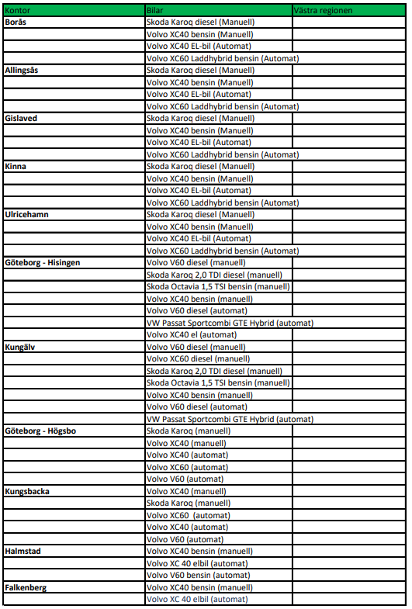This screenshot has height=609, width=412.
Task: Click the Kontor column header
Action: pyautogui.click(x=19, y=10)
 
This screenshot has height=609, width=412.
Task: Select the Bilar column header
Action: pyautogui.click(x=155, y=10)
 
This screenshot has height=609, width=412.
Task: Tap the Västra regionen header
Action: pyautogui.click(x=324, y=10)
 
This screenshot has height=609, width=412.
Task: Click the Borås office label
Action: pyautogui.click(x=17, y=22)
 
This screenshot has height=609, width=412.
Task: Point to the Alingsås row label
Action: pyautogui.click(x=22, y=70)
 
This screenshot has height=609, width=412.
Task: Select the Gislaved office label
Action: pyautogui.click(x=21, y=118)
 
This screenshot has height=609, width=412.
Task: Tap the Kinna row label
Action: pyautogui.click(x=16, y=166)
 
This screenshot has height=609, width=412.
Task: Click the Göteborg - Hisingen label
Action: pyautogui.click(x=43, y=262)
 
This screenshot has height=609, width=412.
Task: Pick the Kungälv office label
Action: pyautogui.click(x=21, y=347)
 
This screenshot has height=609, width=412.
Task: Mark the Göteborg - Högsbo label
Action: pyautogui.click(x=40, y=431)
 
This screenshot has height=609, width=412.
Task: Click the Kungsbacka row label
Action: pyautogui.click(x=26, y=491)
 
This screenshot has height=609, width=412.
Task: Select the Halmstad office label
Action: pyautogui.click(x=23, y=551)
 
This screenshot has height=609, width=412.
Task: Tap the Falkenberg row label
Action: pyautogui.click(x=26, y=587)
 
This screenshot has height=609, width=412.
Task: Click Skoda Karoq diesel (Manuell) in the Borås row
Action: pyautogui.click(x=200, y=22)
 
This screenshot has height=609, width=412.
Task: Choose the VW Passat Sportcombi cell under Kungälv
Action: pyautogui.click(x=230, y=419)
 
